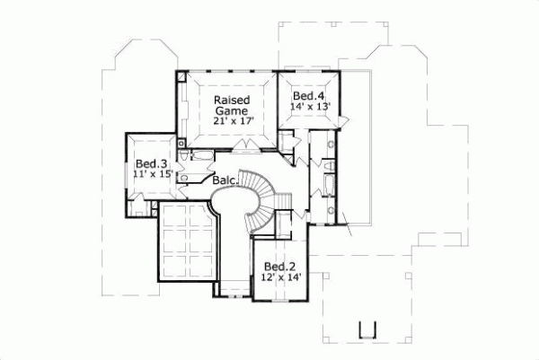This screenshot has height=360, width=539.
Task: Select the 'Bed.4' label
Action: (310, 94)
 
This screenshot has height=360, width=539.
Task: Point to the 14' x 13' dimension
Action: (310, 107)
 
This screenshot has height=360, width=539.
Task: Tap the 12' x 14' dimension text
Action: (280, 277)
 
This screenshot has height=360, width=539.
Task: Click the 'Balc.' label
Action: (225, 180)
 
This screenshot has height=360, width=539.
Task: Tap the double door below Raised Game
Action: (244, 144)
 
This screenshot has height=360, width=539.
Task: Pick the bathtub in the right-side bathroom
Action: (326, 189)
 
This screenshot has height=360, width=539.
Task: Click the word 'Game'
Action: (231, 110)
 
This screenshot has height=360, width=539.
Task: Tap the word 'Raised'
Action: (231, 99)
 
